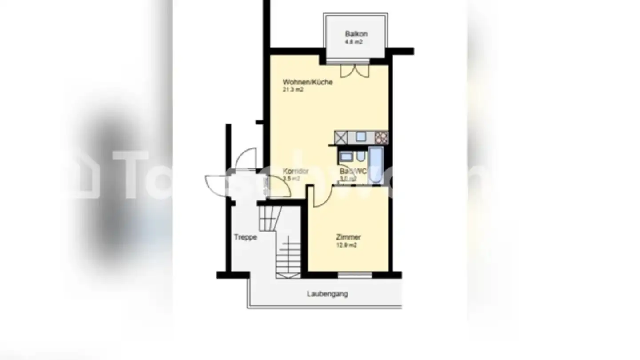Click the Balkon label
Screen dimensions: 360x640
coord(356,34)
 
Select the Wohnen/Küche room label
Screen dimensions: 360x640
coord(308,82)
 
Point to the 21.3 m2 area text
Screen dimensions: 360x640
coord(293,90)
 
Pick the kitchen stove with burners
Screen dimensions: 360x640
coord(381,137)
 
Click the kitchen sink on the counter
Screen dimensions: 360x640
coord(360,137)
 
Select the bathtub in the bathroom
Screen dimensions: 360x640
coord(376,166)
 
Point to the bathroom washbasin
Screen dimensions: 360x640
coord(346,156)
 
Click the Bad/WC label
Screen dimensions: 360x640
coord(353,171)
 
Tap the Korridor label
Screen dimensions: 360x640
coord(296,171)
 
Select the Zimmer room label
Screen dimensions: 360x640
coord(348,237)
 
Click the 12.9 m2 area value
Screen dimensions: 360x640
coord(347,245)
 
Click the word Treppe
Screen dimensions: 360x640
coord(245,237)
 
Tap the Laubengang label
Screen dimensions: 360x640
coord(327,294)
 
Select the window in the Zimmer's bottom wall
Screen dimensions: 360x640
coord(355,275)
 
